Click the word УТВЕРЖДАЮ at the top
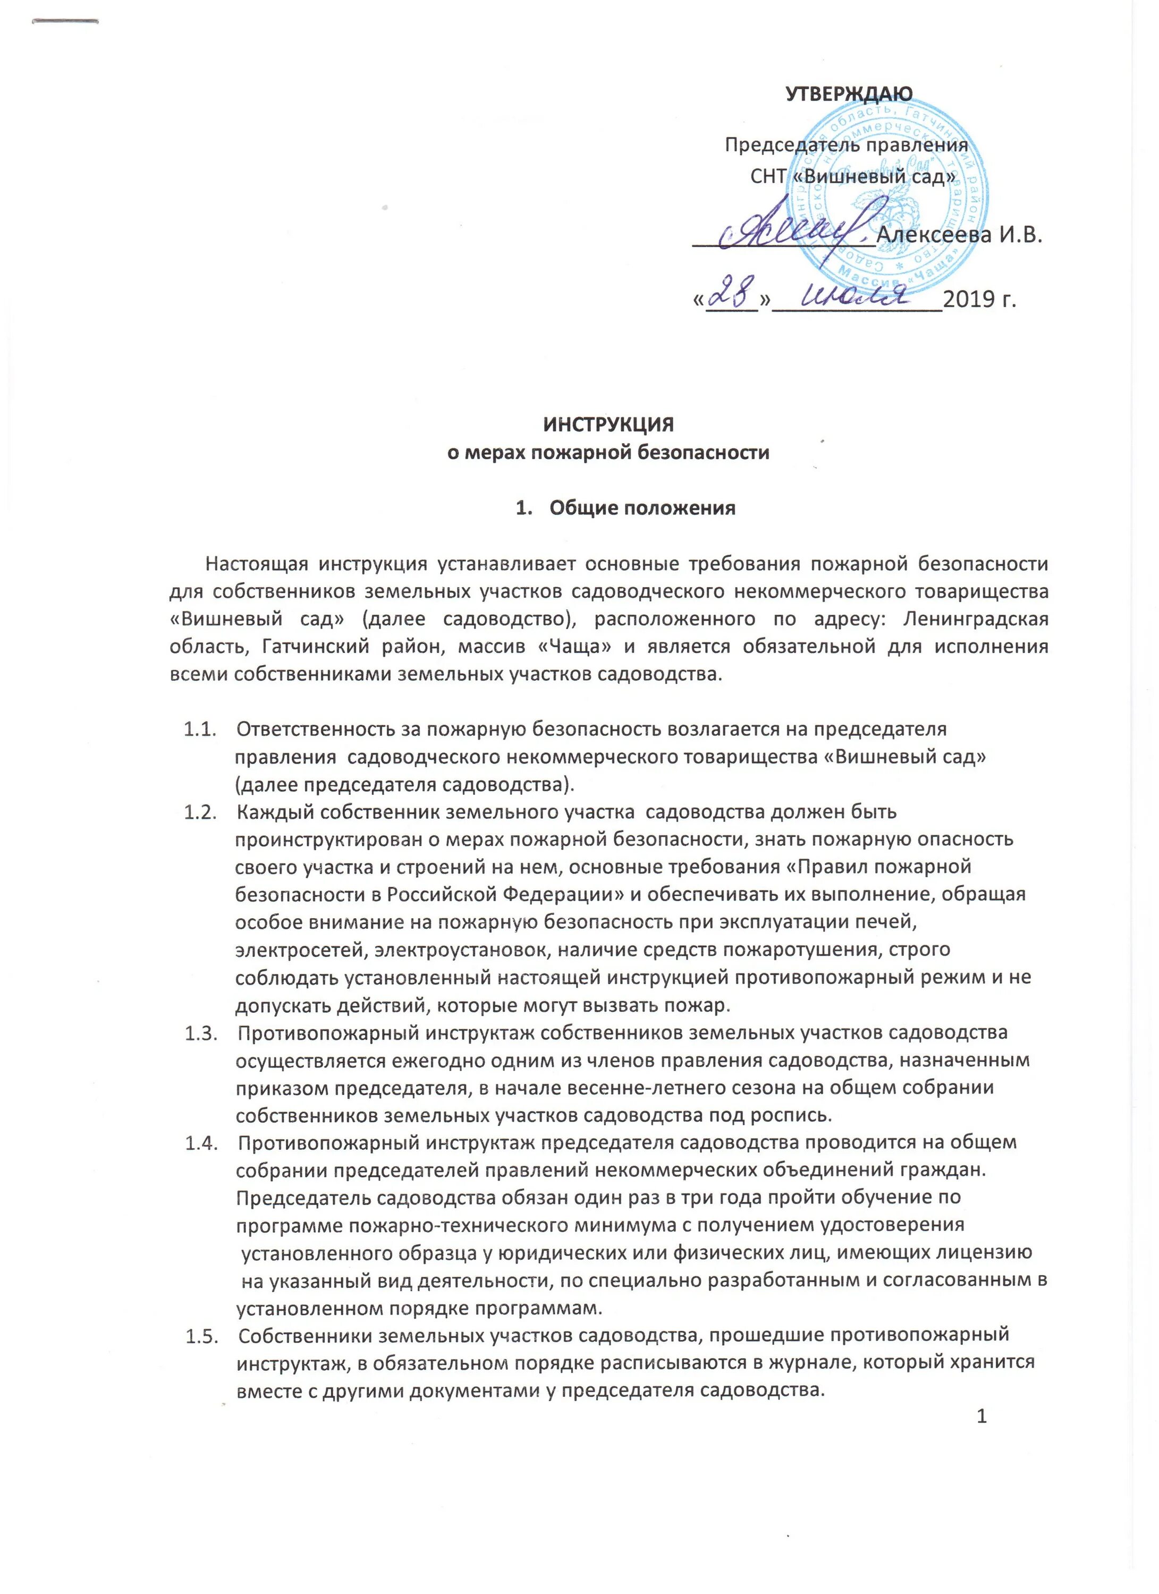(x=848, y=94)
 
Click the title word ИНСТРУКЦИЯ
(x=608, y=425)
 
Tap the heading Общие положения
(x=642, y=507)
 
